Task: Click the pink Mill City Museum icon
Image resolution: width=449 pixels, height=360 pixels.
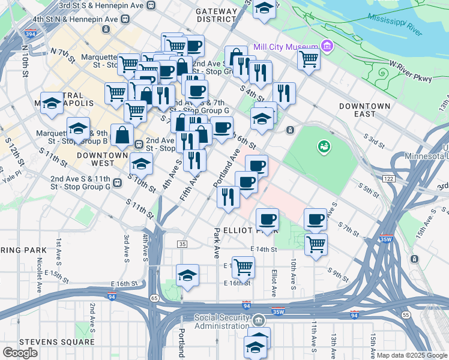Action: (x=327, y=46)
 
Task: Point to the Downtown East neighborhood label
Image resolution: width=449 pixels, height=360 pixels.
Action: (x=365, y=110)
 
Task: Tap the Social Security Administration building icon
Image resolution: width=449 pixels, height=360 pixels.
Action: (x=259, y=319)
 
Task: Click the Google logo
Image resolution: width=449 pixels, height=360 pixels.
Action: (x=20, y=352)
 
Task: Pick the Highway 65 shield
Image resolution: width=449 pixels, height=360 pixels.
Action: (x=154, y=298)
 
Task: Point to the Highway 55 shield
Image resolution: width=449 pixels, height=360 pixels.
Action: (x=406, y=314)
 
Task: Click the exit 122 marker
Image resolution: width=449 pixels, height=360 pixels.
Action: (x=388, y=179)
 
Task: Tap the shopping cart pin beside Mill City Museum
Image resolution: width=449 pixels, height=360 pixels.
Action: (x=309, y=59)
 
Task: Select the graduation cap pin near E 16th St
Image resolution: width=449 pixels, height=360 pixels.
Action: (x=188, y=275)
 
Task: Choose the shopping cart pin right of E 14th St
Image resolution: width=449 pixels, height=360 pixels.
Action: (x=316, y=244)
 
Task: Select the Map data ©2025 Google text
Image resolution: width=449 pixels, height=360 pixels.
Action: (x=411, y=355)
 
